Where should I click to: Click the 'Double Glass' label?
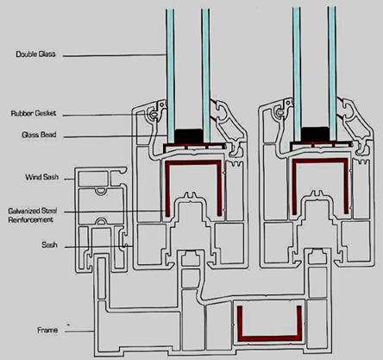pos(35,54)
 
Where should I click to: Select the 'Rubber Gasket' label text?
pos(34,113)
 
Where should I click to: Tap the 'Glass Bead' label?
pos(39,135)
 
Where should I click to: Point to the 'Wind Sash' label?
pos(41,177)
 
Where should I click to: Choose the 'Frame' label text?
pos(47,330)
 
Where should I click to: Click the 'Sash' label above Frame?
pos(49,245)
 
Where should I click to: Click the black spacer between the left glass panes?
pos(188,136)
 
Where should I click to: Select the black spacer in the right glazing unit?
pos(315,134)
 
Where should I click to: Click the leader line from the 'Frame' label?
pos(79,332)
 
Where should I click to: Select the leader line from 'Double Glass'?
pos(115,55)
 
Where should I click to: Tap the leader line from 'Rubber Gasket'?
pos(108,115)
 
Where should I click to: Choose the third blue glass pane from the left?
pos(297,74)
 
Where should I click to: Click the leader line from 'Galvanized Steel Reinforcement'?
pos(115,212)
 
